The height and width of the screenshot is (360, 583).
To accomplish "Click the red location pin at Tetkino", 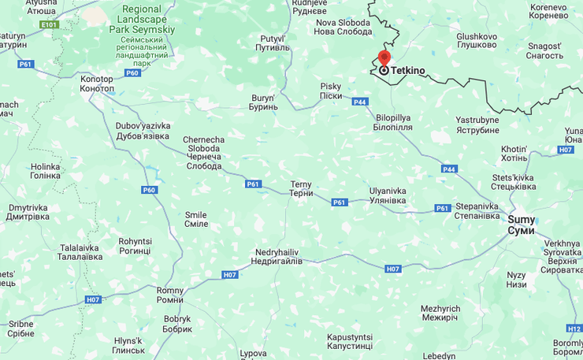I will pos(384,58).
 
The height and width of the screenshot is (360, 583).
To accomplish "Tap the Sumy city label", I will pos(521,225).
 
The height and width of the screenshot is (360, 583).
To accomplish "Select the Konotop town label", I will pos(97,84).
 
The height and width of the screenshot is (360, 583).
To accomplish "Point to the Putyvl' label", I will pos(272,43).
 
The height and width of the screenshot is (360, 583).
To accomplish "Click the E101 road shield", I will pos(50,24).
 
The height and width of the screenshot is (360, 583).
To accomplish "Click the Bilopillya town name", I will pos(393,122).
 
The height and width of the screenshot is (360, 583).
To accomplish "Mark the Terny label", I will pos(301,189).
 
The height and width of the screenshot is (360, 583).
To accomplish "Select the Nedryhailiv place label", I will pos(277,256).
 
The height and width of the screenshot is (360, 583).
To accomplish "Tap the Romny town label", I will pos(169,295).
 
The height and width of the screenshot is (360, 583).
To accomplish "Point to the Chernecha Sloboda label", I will pos(204,153).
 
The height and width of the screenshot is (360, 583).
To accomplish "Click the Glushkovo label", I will pos(477,40).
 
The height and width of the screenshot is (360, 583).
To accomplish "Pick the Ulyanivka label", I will pos(388,195).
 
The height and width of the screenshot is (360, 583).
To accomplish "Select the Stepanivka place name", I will pos(477,211).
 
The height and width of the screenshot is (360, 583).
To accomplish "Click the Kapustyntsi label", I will pos(350,341).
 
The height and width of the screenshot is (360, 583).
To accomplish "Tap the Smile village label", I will pos(196,219).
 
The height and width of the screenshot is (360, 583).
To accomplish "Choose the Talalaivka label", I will pos(81,252).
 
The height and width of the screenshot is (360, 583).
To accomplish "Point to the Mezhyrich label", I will pos(440,313).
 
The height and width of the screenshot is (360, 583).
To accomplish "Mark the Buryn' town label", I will pos(263,102).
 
